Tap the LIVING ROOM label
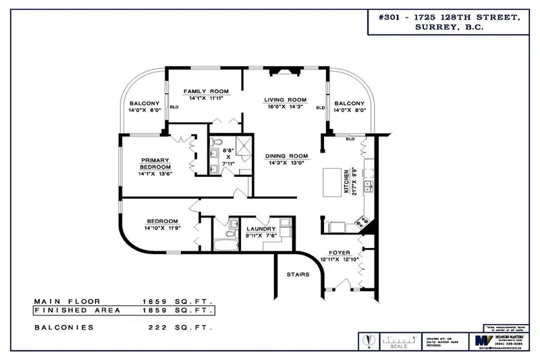[x=285, y=99]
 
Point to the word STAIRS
[x=298, y=275]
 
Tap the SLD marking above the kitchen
[x=350, y=139]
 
